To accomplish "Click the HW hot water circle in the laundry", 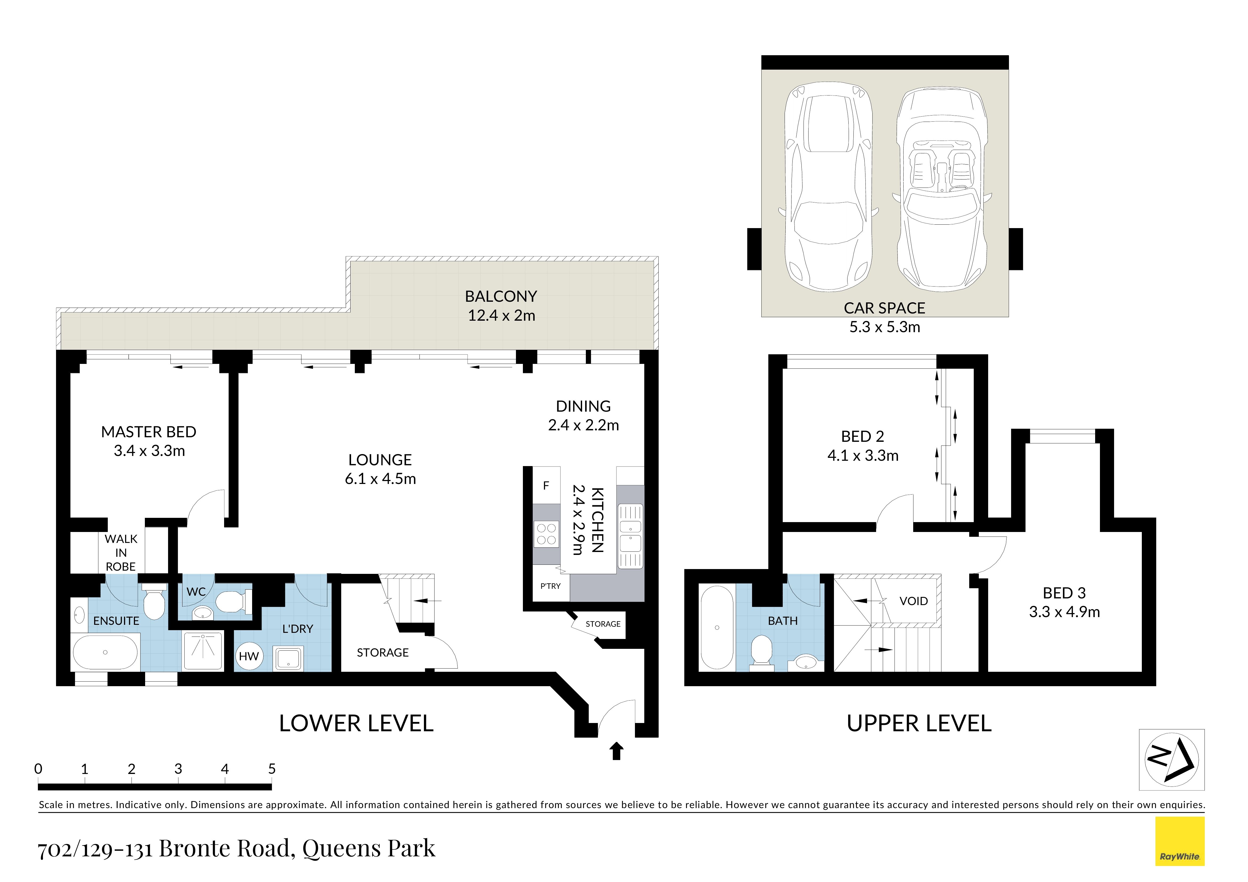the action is (249, 656).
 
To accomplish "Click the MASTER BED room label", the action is (149, 432).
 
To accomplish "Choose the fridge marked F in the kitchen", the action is (546, 485).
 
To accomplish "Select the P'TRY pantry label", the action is (550, 586).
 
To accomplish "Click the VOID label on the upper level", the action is (914, 601).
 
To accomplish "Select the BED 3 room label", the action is (1064, 593).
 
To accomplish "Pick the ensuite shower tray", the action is (203, 650).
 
